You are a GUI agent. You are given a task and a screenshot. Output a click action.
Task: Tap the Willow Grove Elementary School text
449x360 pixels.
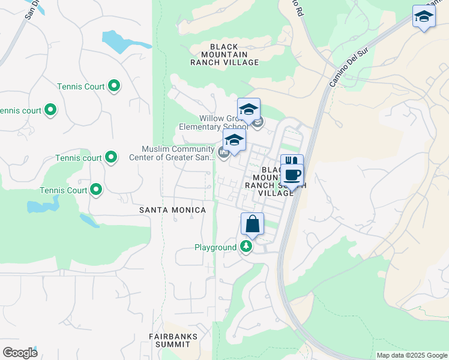click(213, 122)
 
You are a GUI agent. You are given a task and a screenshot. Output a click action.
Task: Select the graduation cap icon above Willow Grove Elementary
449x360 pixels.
click(249, 109)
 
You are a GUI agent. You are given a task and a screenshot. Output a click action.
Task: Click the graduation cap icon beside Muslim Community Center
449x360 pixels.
click(234, 140)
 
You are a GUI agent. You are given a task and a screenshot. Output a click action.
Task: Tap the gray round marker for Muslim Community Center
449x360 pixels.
click(223, 153)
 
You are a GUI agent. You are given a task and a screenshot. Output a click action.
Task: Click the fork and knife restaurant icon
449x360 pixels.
click(291, 161)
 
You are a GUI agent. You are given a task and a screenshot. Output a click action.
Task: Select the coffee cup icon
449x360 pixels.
click(292, 175)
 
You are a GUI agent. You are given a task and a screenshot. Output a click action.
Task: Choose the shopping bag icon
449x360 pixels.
click(253, 224)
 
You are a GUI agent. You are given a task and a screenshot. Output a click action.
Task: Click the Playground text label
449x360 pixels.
click(215, 247)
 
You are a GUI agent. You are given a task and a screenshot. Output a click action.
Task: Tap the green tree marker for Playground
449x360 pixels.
click(246, 246)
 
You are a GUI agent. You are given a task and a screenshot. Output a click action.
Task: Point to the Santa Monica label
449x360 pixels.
click(172, 210)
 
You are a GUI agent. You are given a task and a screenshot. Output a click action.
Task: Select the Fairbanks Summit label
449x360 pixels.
click(173, 341)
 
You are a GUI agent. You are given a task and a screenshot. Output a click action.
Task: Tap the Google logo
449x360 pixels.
click(20, 352)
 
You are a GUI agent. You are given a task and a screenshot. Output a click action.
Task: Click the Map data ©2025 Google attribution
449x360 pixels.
click(412, 355)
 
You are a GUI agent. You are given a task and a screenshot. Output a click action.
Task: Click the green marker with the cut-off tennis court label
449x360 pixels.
click(50, 110)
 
